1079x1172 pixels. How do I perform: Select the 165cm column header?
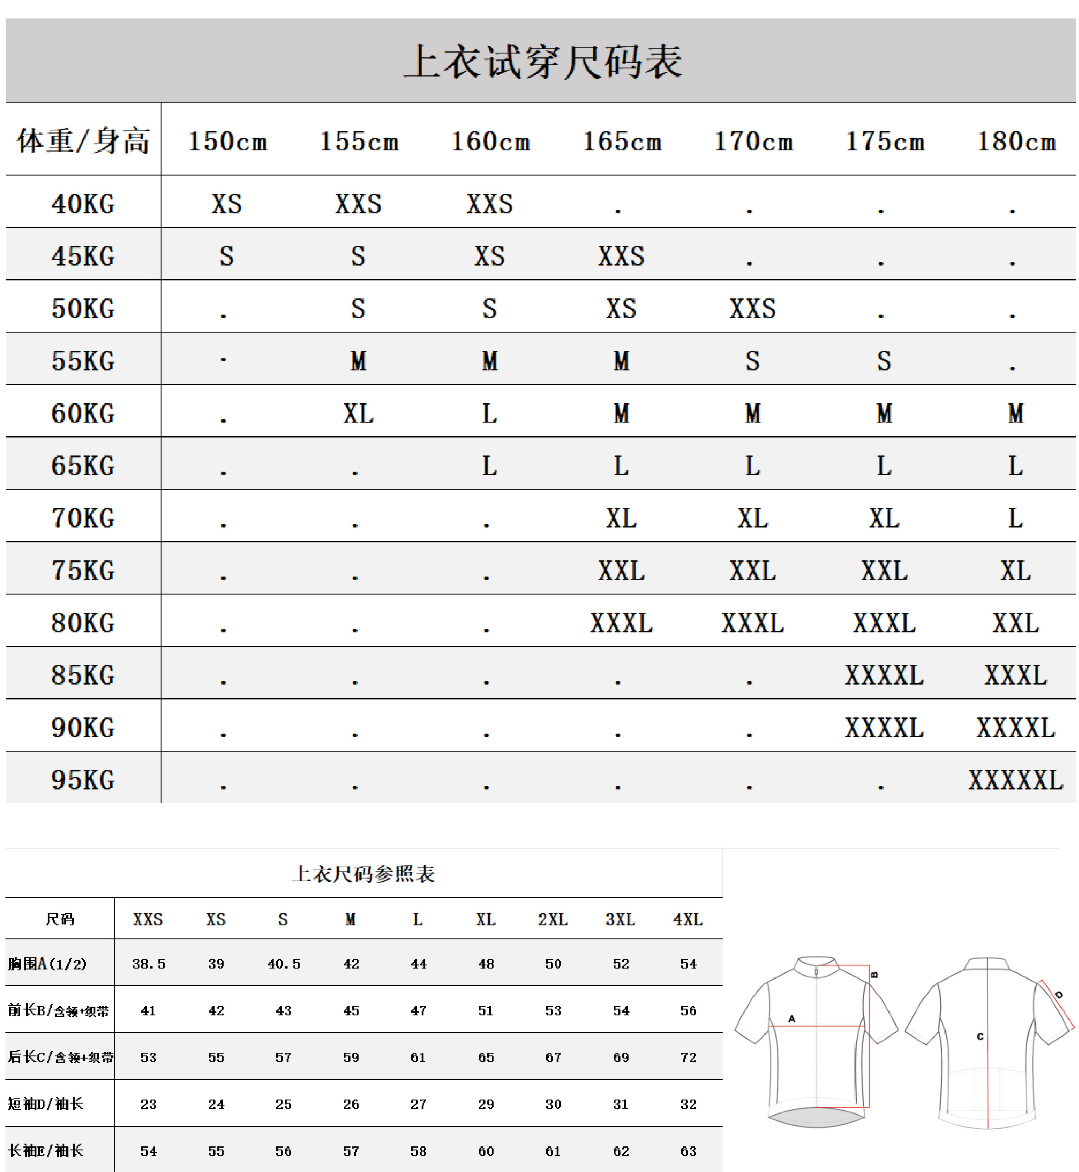pyautogui.click(x=622, y=141)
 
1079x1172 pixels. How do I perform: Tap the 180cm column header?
pyautogui.click(x=1016, y=141)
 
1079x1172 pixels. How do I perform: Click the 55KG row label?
pyautogui.click(x=83, y=361)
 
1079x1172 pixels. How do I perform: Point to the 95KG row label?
pyautogui.click(x=83, y=780)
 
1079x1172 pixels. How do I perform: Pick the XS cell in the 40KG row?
pyautogui.click(x=226, y=204)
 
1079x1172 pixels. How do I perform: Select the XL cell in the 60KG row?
pyautogui.click(x=358, y=414)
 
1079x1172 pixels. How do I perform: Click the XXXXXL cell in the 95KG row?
pyautogui.click(x=1016, y=780)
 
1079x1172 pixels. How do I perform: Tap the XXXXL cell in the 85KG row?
pyautogui.click(x=884, y=675)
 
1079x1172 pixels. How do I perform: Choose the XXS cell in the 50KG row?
pyautogui.click(x=753, y=308)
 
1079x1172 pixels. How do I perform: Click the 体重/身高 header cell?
pyautogui.click(x=83, y=141)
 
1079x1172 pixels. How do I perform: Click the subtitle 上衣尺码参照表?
pyautogui.click(x=363, y=874)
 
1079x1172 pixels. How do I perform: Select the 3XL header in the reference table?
pyautogui.click(x=620, y=920)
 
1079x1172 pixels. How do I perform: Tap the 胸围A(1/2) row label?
pyautogui.click(x=47, y=964)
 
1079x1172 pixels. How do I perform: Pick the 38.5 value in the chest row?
pyautogui.click(x=148, y=964)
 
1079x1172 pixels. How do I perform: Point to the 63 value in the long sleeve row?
pyautogui.click(x=688, y=1151)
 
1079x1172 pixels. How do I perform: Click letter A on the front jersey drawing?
pyautogui.click(x=792, y=1019)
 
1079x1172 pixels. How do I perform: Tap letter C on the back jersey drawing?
pyautogui.click(x=980, y=1037)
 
